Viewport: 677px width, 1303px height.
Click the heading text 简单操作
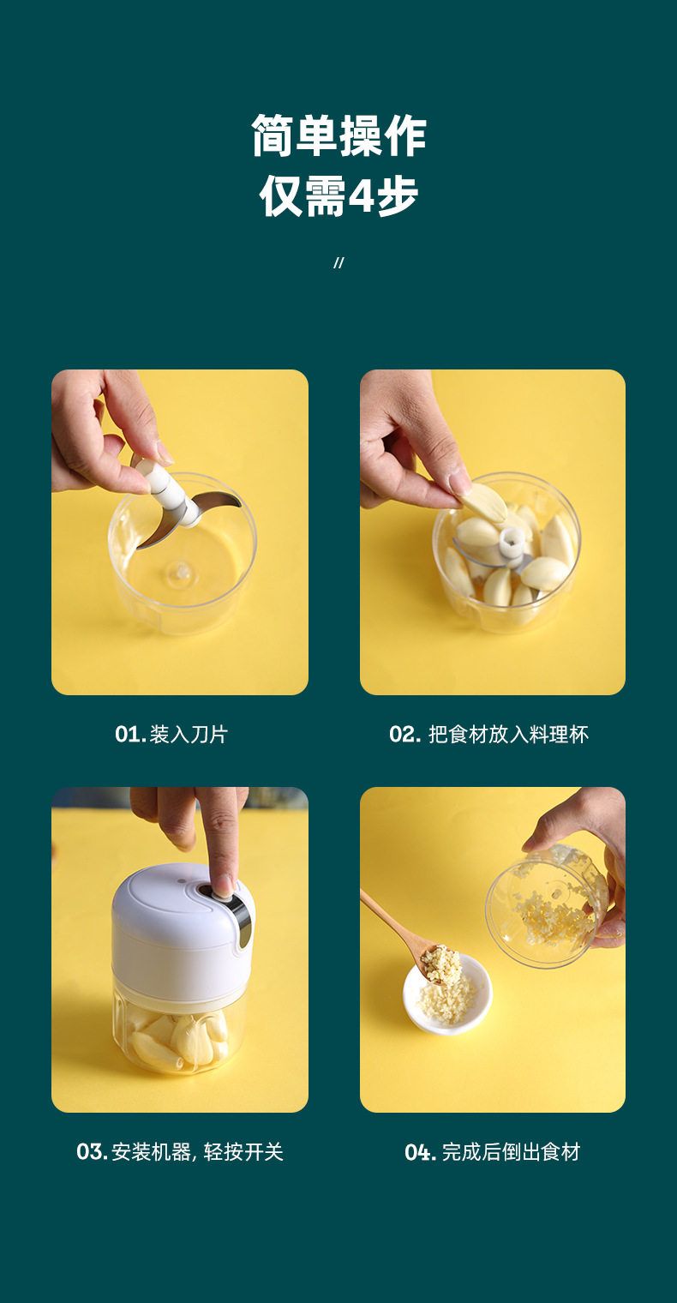tap(338, 135)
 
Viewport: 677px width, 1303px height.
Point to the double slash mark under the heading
tap(338, 263)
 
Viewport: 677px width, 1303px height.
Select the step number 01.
tap(130, 734)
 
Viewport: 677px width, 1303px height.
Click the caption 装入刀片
tap(189, 734)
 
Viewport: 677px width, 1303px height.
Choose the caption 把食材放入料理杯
tap(508, 734)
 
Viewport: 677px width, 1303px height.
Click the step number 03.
tap(92, 1152)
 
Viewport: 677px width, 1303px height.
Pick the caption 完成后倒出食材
tap(511, 1152)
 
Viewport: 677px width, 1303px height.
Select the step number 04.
tap(420, 1152)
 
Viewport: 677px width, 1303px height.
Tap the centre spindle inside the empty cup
tap(180, 571)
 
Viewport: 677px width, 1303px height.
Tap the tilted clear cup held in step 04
tap(547, 905)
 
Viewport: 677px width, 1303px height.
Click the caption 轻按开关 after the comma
tap(243, 1152)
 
